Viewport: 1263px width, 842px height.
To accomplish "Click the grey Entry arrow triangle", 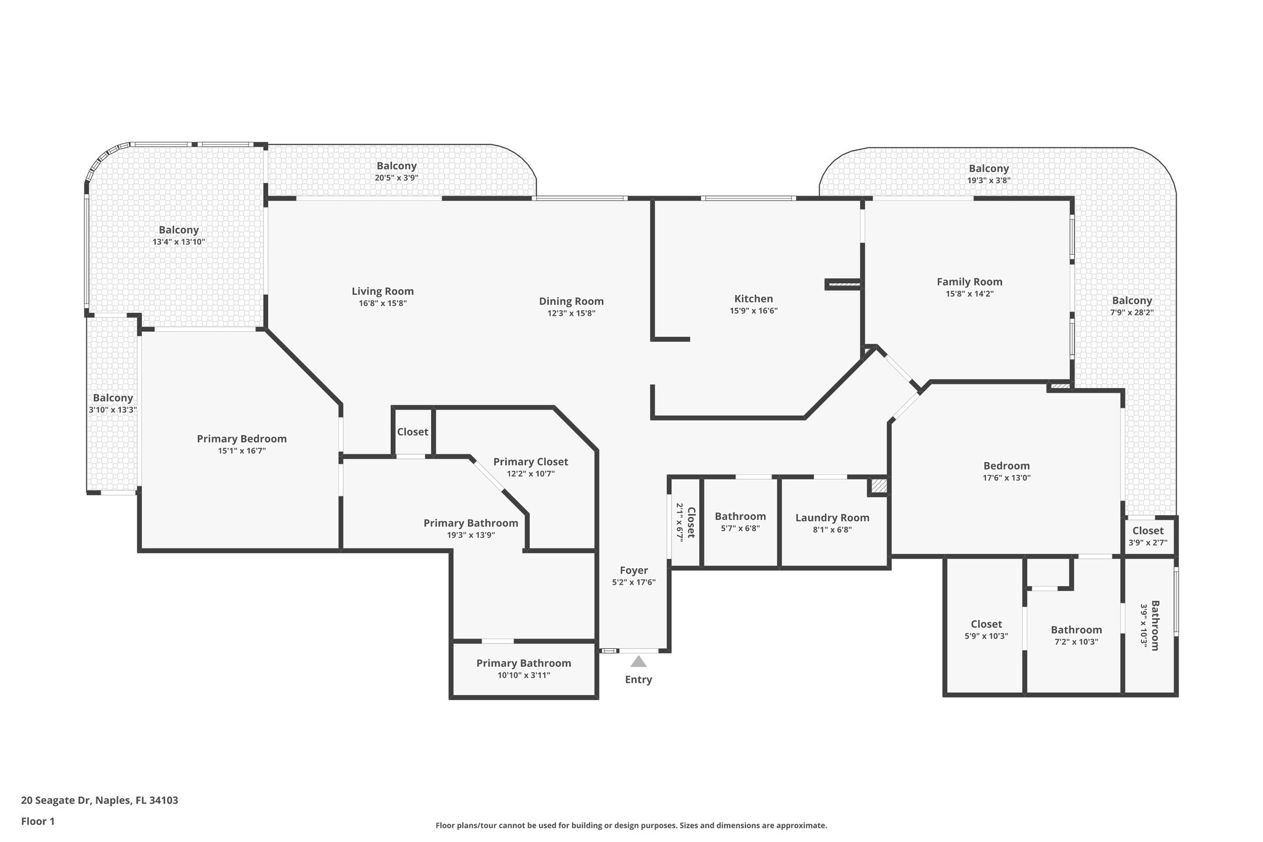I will [x=638, y=662].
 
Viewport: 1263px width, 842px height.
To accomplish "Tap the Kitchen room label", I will [x=753, y=299].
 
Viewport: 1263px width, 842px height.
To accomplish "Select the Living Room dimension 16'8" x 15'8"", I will [x=382, y=303].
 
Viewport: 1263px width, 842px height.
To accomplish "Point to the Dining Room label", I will [x=571, y=301].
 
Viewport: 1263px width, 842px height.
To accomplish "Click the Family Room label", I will [x=969, y=282].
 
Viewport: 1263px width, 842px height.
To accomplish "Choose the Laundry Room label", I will [x=832, y=518].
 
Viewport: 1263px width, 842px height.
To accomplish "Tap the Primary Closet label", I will [x=530, y=461].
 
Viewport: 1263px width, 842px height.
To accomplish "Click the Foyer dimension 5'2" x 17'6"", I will [x=633, y=582].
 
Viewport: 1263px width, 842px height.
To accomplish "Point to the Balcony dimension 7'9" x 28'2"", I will [x=1132, y=313].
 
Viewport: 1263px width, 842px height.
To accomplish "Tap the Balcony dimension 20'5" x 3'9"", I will [x=397, y=178].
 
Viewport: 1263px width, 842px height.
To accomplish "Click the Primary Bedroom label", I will [x=242, y=439].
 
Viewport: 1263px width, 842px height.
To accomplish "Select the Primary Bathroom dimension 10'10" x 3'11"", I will [x=524, y=675].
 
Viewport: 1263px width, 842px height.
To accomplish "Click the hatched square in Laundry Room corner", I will [x=878, y=486].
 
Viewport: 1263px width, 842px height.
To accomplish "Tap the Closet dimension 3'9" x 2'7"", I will [x=1148, y=543].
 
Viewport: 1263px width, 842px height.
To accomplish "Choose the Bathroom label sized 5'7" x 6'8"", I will [x=740, y=516].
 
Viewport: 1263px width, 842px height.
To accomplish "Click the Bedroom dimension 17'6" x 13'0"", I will [x=1006, y=477].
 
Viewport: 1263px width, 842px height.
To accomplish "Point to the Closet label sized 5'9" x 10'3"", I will [x=986, y=624].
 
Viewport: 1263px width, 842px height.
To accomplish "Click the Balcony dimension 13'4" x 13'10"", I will [x=178, y=242].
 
